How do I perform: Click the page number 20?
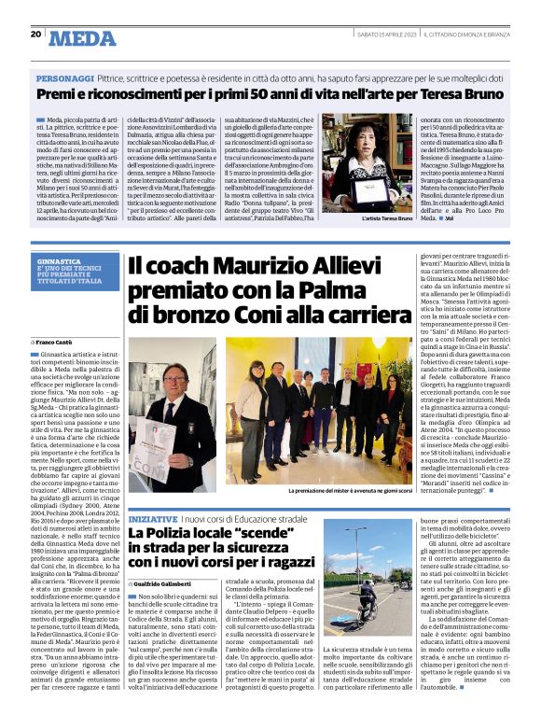(x=35, y=34)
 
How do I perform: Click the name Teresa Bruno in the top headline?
(x=458, y=95)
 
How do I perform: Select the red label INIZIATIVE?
(x=153, y=517)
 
